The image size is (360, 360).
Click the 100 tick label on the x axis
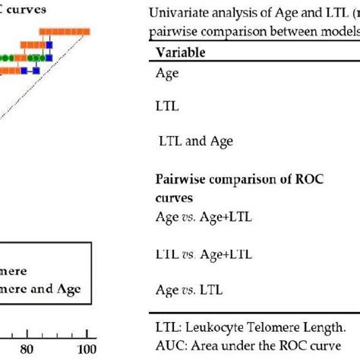click(87, 349)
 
